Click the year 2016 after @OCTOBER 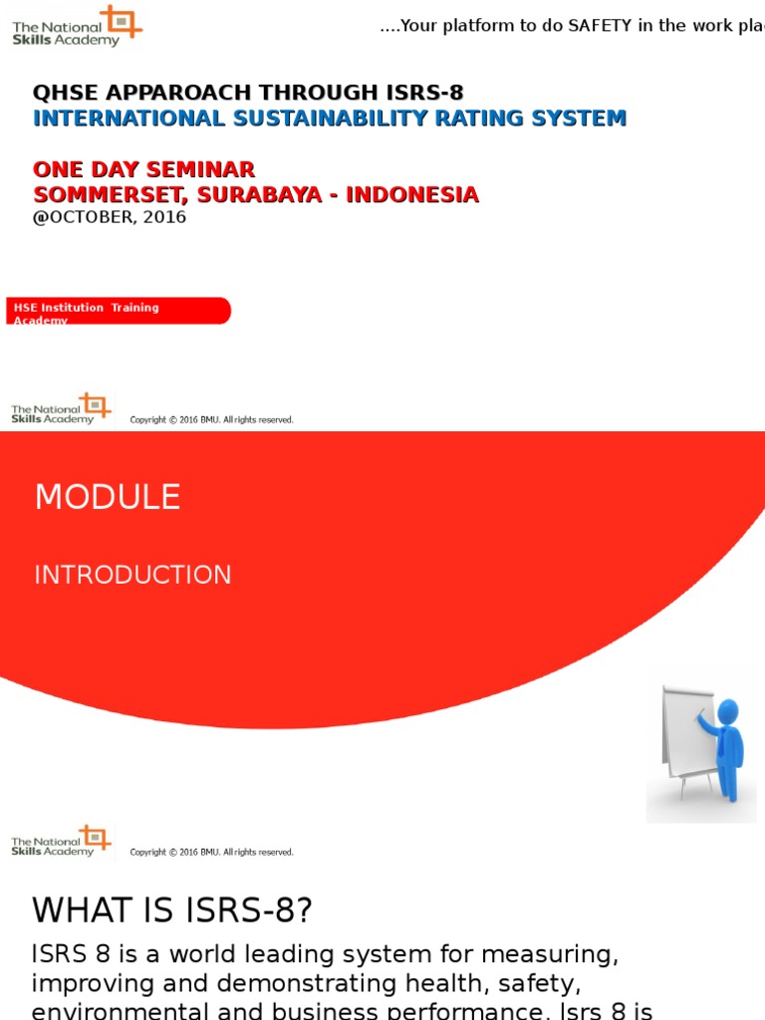tap(164, 217)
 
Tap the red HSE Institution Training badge tap(118, 311)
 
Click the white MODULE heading tap(108, 497)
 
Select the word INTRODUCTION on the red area tap(132, 575)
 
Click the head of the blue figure tap(728, 711)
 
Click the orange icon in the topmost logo tap(125, 22)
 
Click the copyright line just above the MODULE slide tap(211, 420)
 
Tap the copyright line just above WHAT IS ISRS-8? tap(211, 853)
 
